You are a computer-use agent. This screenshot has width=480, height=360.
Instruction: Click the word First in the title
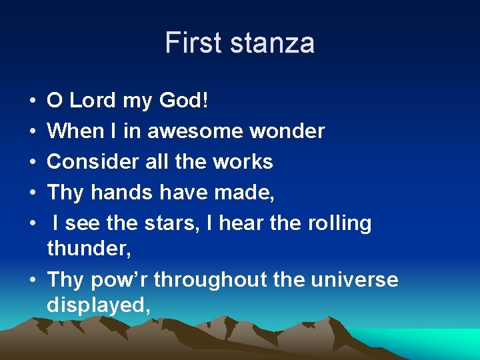click(193, 43)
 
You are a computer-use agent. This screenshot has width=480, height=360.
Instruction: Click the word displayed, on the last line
click(99, 305)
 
